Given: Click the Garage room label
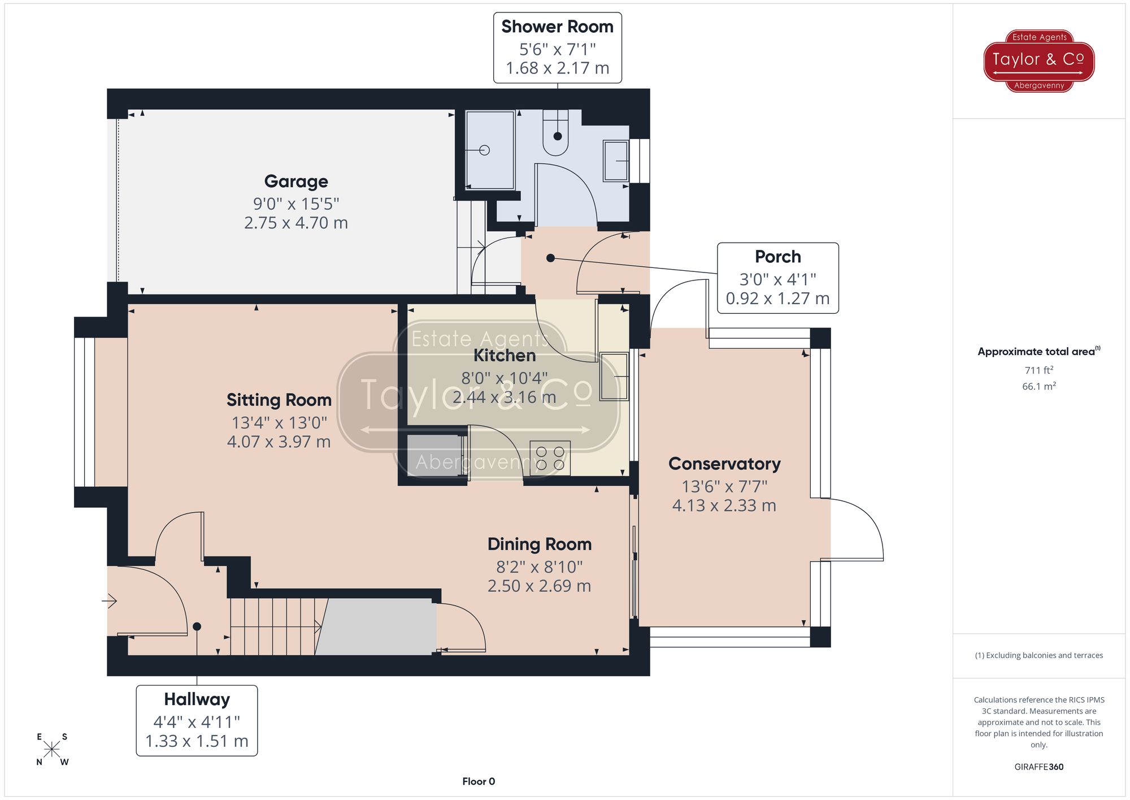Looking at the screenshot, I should pos(296,181).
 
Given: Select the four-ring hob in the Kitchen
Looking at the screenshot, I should pos(550,458).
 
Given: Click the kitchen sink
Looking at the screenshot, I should pos(614,376).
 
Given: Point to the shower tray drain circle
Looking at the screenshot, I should pos(484,150).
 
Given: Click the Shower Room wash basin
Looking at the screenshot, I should pos(616,161).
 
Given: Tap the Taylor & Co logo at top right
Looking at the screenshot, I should pos(1038,60).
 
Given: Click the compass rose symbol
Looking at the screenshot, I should pos(52,750).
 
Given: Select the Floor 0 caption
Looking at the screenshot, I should pos(478,781).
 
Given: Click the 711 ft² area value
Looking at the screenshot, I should pos(1038,370).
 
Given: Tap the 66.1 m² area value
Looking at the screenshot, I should pos(1038,386).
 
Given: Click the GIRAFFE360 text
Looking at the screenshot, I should pos(1038,767).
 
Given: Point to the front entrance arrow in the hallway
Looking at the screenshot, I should pos(110,600).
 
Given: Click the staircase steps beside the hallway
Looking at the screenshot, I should pos(273,626).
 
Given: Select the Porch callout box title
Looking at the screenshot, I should pos(777,257).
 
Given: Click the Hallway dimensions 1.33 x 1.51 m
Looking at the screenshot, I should pos(197,741).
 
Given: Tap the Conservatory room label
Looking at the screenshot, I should pos(724,464).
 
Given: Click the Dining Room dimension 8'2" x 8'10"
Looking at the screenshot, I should pos(539,567).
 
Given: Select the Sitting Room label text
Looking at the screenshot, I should pos(279,400).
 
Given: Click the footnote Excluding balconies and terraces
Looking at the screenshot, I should pos(1038,655).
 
